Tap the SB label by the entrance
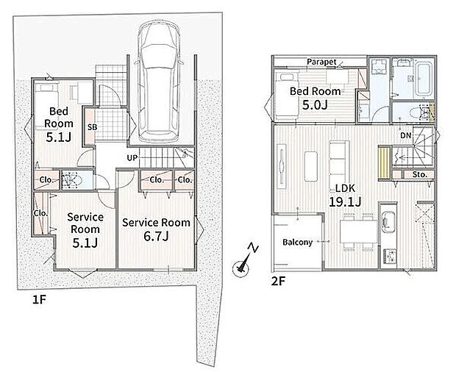tap(92, 127)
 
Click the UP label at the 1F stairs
tap(132, 158)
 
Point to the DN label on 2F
tap(406, 135)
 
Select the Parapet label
tap(321, 62)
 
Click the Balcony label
tap(298, 242)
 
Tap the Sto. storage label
tap(420, 175)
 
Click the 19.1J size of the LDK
tap(345, 201)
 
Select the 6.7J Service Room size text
tap(156, 236)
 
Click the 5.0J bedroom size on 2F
tap(315, 104)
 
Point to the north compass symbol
tap(244, 262)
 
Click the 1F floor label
tap(39, 300)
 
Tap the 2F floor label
tap(278, 281)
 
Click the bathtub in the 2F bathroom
tap(424, 77)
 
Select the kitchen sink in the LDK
tap(388, 222)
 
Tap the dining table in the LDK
tap(359, 232)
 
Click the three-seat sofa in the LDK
tap(338, 163)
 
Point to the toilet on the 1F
tap(71, 181)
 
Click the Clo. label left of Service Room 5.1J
tap(40, 213)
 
